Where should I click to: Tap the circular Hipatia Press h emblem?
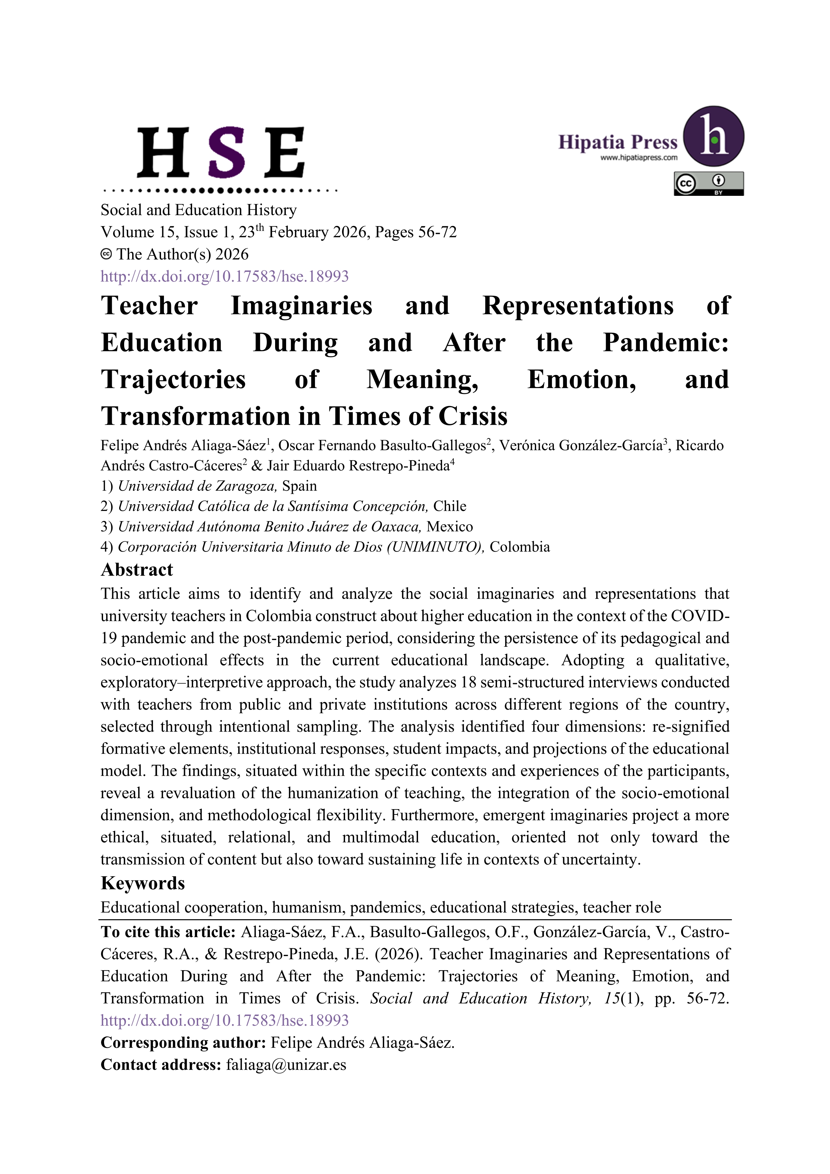pos(714,137)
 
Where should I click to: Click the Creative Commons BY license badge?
pos(709,183)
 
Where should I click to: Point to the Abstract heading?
pos(137,570)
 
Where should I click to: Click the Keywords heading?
pos(143,883)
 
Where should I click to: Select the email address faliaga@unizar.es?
pos(286,1065)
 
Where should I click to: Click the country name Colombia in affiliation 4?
pos(519,547)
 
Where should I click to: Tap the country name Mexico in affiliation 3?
pos(450,527)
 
